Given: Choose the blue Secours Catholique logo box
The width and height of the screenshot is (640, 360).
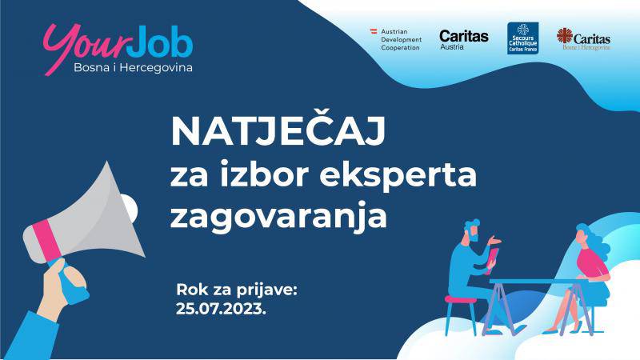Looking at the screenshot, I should click(522, 38).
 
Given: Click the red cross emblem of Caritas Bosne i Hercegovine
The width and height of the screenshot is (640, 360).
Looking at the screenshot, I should click(565, 35).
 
